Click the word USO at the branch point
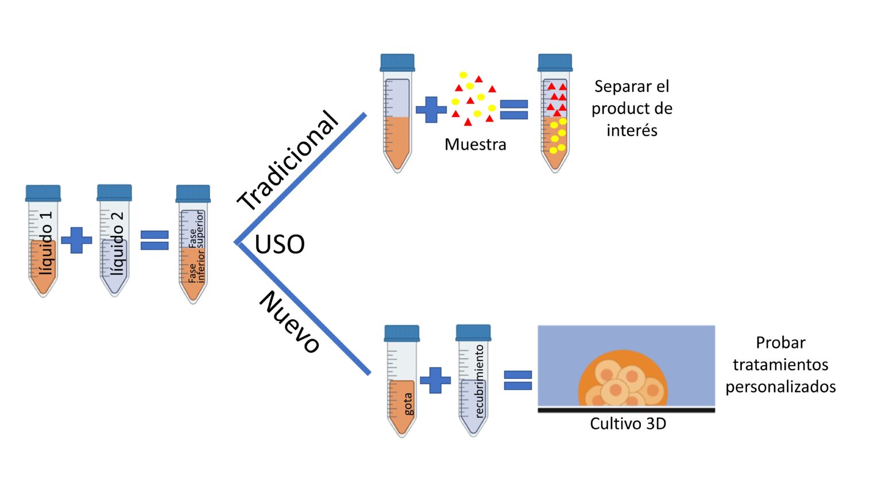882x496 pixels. coord(280,245)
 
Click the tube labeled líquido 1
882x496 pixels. coord(43,247)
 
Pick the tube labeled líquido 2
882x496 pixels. coord(114,247)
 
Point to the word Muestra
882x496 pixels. coord(475,145)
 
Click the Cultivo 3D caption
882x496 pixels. coord(628,424)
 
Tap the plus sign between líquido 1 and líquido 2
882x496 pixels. coord(76,240)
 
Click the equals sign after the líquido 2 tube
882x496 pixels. coord(154,240)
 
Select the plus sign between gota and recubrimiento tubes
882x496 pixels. coord(435,380)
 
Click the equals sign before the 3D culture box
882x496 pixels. coord(518,380)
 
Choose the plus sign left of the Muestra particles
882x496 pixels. coord(431,110)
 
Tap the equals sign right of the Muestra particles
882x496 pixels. coord(514,110)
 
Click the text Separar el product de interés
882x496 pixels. coord(632,108)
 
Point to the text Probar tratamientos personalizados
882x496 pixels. coord(780,365)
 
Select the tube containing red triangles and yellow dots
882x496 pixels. coord(555,121)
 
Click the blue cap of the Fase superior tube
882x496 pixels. coord(193,193)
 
